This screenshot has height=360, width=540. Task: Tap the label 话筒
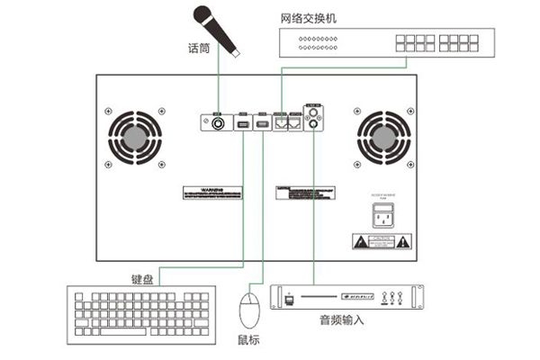click(x=199, y=48)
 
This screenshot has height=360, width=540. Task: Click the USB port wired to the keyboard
click(x=242, y=123)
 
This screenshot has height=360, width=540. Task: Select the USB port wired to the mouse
click(x=262, y=123)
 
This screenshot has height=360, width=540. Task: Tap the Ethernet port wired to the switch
click(x=282, y=124)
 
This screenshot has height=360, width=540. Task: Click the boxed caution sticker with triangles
click(x=382, y=241)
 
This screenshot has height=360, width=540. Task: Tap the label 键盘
click(x=142, y=279)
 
